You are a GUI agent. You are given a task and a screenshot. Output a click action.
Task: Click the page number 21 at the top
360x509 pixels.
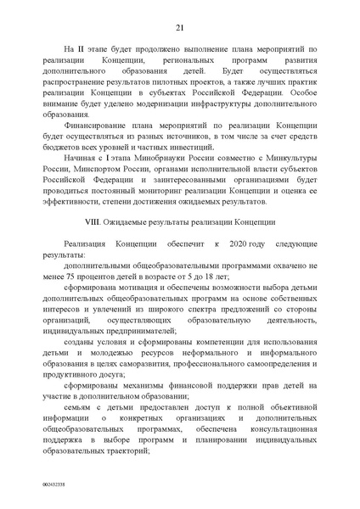[x=180, y=26]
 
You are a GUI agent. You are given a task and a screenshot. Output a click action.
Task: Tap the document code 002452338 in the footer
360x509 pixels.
[x=29, y=485]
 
